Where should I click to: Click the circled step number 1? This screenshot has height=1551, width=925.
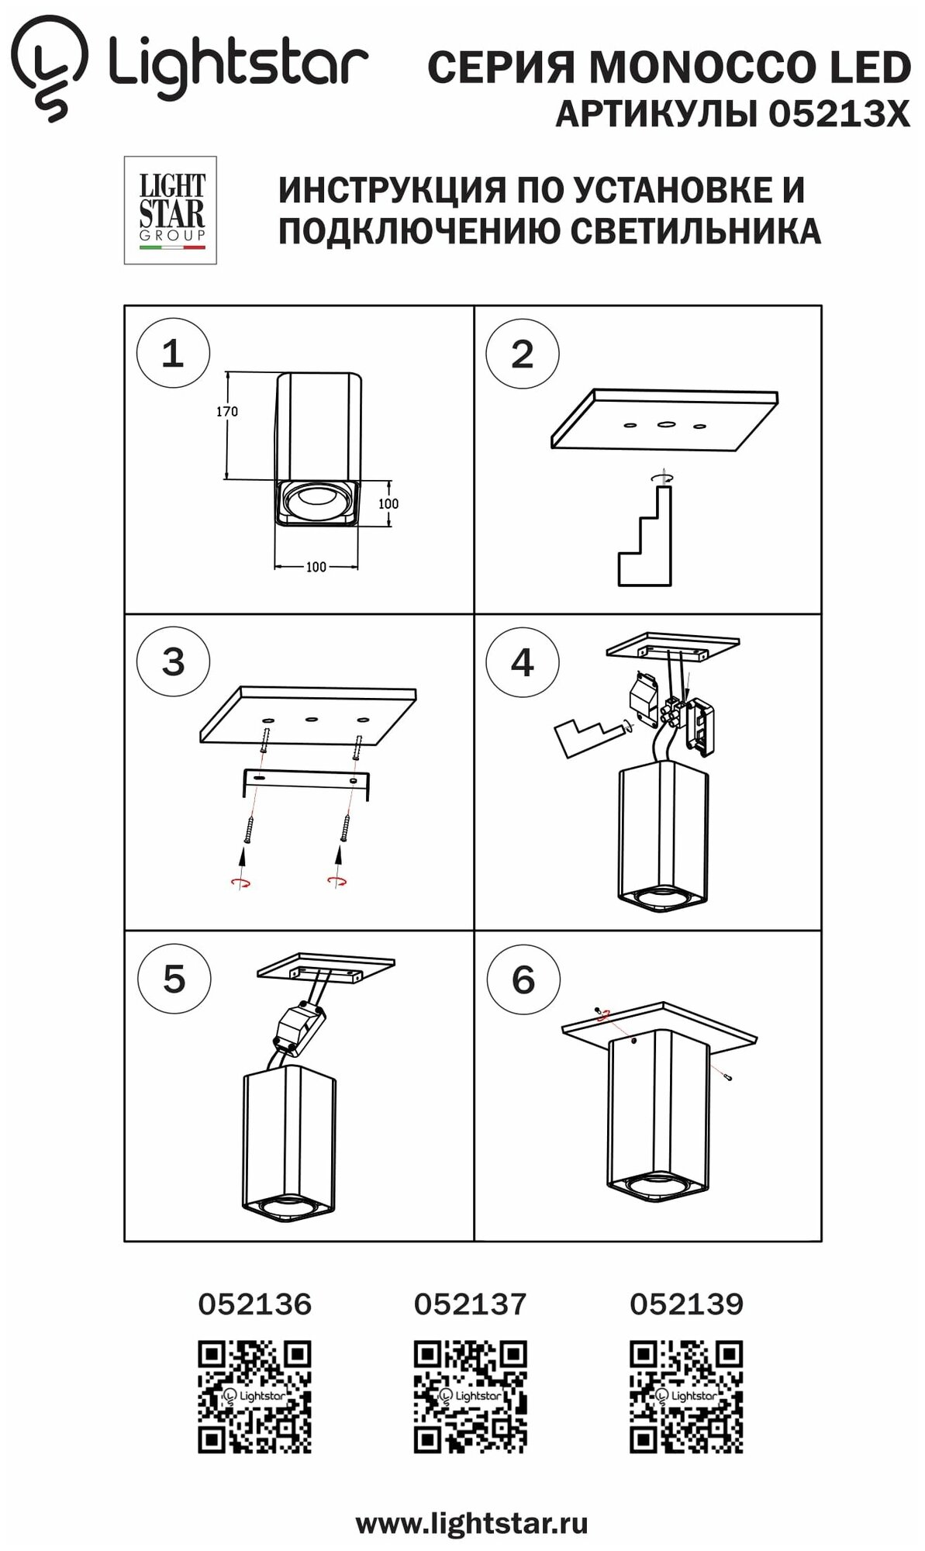[172, 354]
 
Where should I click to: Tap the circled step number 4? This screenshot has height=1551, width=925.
[522, 663]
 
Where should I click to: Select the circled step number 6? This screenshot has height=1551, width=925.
[523, 980]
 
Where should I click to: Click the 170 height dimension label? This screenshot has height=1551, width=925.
[227, 412]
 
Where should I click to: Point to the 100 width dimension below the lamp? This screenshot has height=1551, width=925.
[316, 567]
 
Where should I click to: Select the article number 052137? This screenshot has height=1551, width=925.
[470, 1304]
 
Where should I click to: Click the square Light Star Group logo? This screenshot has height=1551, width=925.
[171, 210]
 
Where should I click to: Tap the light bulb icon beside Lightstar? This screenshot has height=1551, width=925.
[53, 68]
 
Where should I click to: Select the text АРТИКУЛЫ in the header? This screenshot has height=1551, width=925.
[658, 116]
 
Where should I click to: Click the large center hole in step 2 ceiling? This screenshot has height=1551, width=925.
[665, 424]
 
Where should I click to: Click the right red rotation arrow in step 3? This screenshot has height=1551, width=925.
[337, 879]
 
